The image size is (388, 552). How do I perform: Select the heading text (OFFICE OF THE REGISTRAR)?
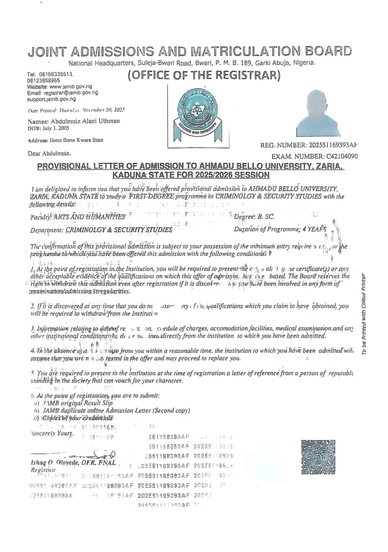coord(204,75)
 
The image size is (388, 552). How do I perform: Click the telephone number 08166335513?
coord(56,75)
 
